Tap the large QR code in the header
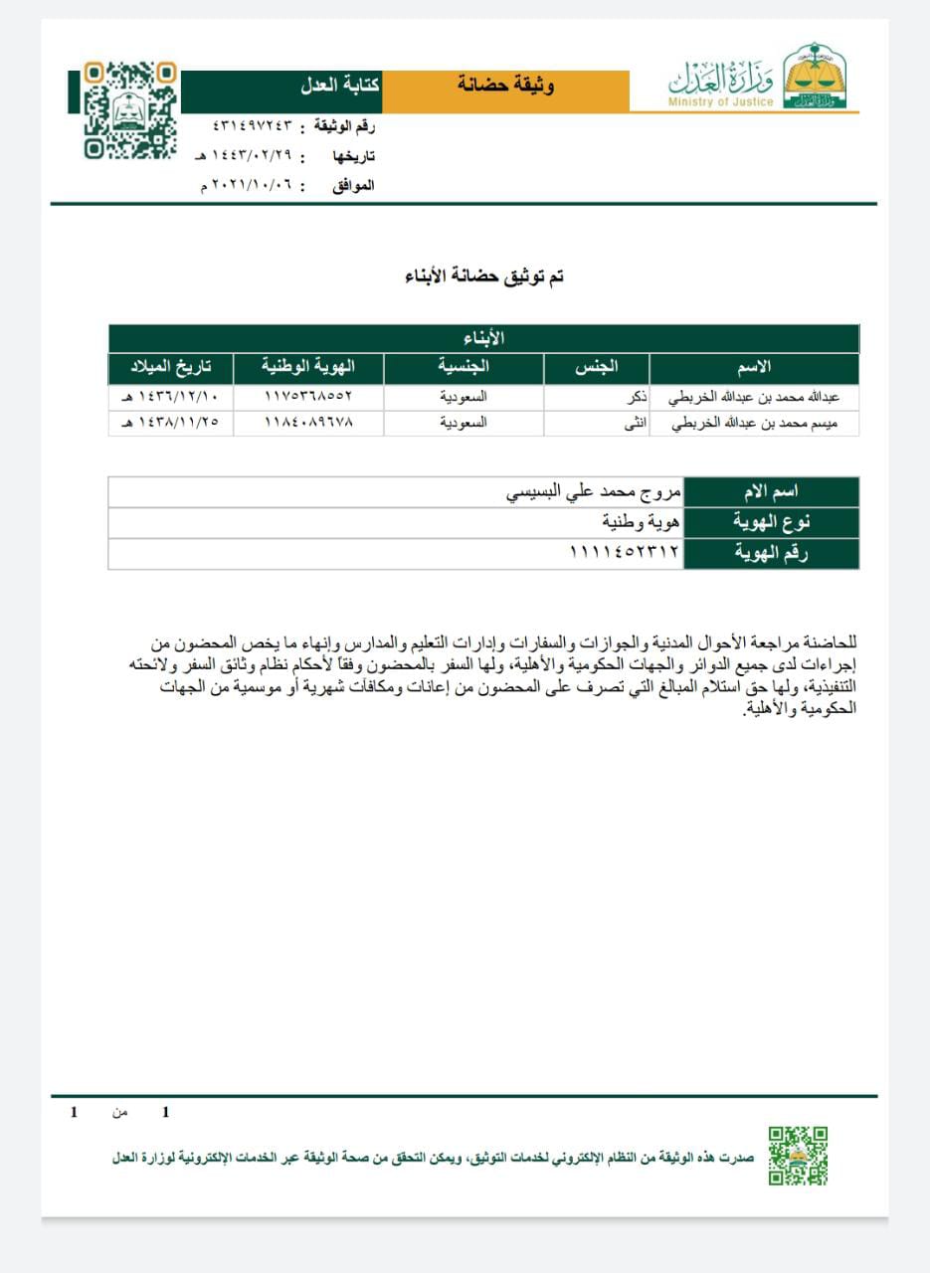pyautogui.click(x=129, y=110)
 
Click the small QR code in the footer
pyautogui.click(x=798, y=1155)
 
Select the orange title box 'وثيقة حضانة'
pyautogui.click(x=506, y=86)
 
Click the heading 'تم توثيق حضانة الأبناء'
pyautogui.click(x=484, y=276)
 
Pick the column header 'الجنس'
pyautogui.click(x=597, y=368)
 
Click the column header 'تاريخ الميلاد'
pyautogui.click(x=171, y=368)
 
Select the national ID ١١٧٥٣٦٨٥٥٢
pyautogui.click(x=308, y=396)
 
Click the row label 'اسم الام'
pyautogui.click(x=772, y=491)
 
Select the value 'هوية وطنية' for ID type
pyautogui.click(x=641, y=522)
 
